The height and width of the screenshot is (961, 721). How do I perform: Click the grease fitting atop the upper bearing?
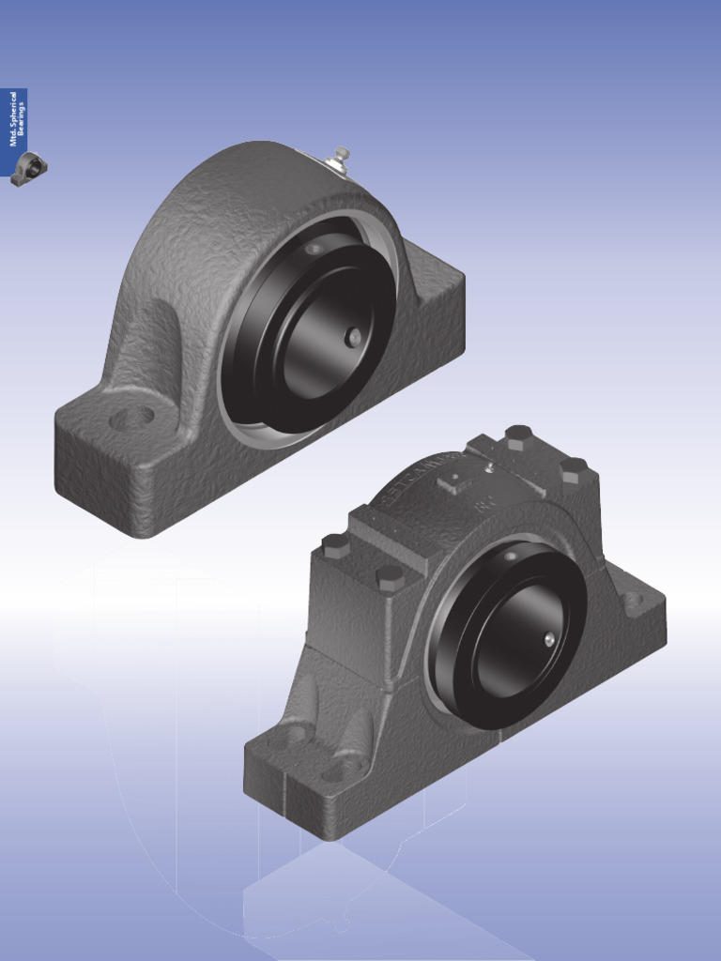(x=341, y=156)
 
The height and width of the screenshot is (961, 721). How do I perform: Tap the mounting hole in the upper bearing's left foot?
(x=131, y=418)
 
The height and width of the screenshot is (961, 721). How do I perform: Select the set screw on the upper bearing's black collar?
(x=352, y=337)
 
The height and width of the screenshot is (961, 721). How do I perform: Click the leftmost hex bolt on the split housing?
(x=335, y=545)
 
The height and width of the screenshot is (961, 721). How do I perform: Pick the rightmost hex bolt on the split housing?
(x=573, y=468)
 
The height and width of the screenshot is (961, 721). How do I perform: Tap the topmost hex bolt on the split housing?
(x=517, y=435)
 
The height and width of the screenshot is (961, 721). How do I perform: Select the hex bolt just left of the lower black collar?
(x=390, y=575)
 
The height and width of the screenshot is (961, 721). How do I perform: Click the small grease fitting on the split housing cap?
(x=488, y=466)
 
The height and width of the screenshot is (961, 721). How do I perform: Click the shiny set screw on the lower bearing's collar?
(x=549, y=638)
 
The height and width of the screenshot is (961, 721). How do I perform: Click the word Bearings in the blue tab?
(x=22, y=117)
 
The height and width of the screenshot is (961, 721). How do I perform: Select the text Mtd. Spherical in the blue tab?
(x=13, y=118)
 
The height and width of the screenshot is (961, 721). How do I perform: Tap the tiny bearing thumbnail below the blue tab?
(x=29, y=169)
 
